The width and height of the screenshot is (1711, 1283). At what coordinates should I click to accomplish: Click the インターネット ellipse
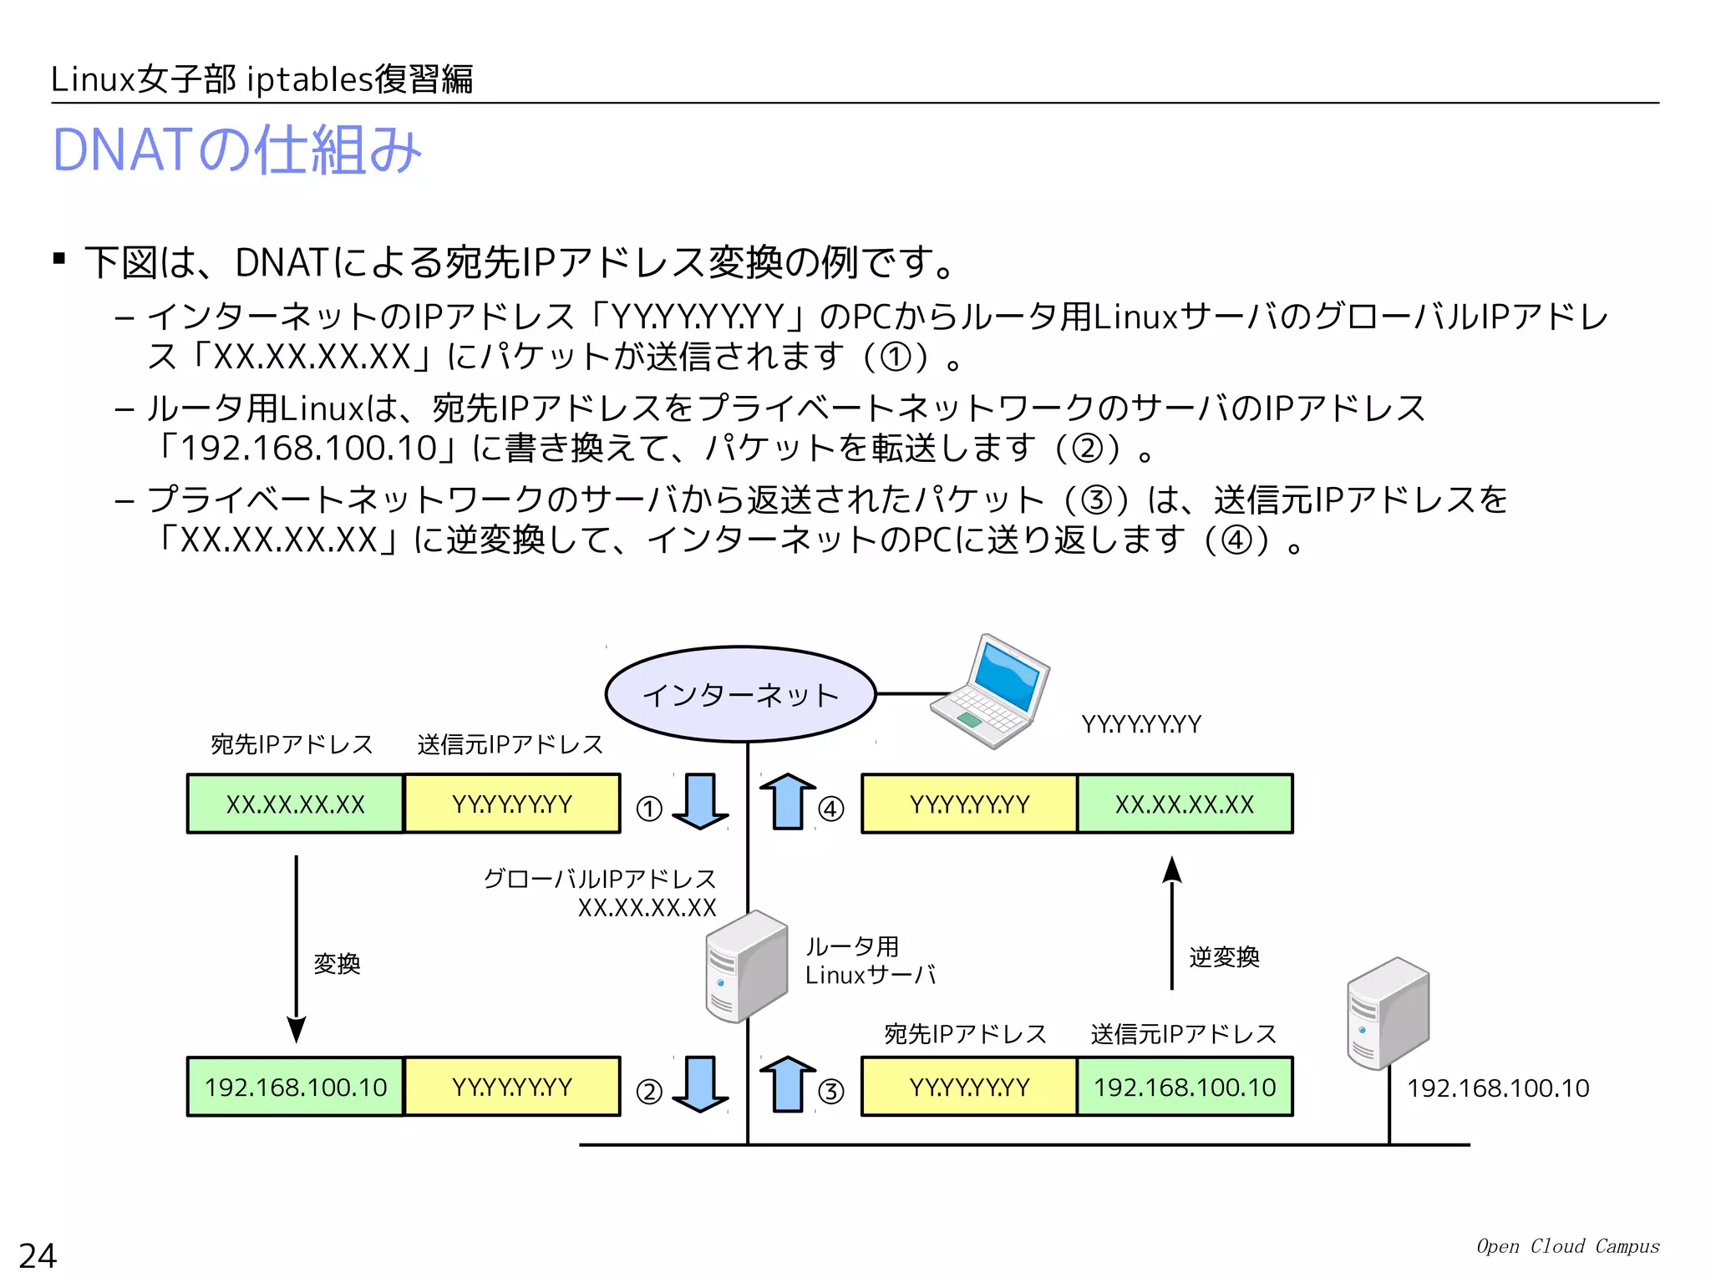tap(740, 694)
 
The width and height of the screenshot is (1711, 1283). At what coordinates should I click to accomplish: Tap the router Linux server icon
tap(746, 966)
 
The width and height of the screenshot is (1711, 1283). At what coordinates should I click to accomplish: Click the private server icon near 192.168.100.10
tap(1388, 1013)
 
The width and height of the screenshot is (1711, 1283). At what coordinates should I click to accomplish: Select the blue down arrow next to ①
tap(700, 802)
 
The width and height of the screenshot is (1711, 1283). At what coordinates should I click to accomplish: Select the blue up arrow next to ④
tap(787, 802)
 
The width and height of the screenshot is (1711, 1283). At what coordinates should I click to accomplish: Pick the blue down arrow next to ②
tap(700, 1084)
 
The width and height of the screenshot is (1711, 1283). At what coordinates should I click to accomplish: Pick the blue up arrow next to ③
tap(787, 1084)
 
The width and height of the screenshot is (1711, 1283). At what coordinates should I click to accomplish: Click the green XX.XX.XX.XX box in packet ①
tap(296, 804)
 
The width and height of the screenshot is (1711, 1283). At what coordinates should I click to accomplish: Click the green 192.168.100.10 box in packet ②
tap(296, 1087)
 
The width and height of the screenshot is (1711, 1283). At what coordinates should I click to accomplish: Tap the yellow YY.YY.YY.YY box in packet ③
tap(969, 1087)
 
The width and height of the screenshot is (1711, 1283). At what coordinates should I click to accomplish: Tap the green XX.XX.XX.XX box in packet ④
tap(1185, 804)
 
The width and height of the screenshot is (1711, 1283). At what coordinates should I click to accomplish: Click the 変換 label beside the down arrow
tap(337, 964)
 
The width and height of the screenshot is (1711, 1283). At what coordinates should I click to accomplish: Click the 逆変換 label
tap(1224, 957)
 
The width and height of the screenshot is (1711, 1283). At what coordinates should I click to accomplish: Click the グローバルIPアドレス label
tap(600, 879)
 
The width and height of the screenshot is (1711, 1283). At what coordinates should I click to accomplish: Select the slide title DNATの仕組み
tap(237, 150)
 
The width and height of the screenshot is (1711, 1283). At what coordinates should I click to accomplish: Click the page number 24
tap(38, 1255)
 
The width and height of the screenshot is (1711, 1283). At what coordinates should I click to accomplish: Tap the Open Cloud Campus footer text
tap(1567, 1246)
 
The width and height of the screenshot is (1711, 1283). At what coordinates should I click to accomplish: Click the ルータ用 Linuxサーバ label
tap(869, 961)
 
